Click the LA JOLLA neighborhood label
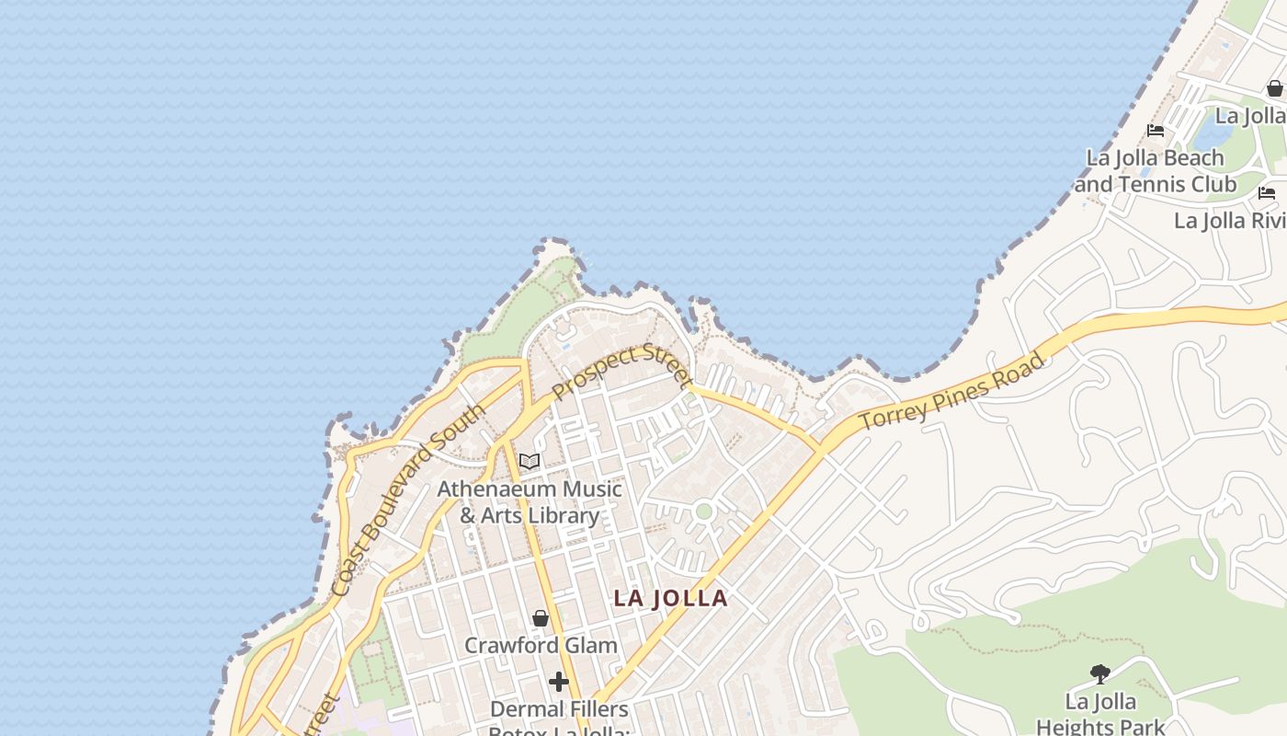tap(670, 598)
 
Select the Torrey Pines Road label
tap(953, 390)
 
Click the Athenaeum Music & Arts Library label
tap(530, 502)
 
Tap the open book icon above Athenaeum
tap(529, 461)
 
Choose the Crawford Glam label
tap(541, 645)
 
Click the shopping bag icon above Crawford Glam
tap(541, 618)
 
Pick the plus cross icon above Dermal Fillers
tap(558, 682)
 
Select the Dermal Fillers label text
tap(559, 709)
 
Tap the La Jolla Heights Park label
tap(1100, 714)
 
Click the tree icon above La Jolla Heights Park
tap(1099, 674)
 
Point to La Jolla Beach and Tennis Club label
tap(1156, 171)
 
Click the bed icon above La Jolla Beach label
tap(1156, 131)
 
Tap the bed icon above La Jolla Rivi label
tap(1267, 193)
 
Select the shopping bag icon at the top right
tap(1274, 88)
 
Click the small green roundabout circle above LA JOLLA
tap(703, 512)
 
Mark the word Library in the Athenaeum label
tap(564, 515)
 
